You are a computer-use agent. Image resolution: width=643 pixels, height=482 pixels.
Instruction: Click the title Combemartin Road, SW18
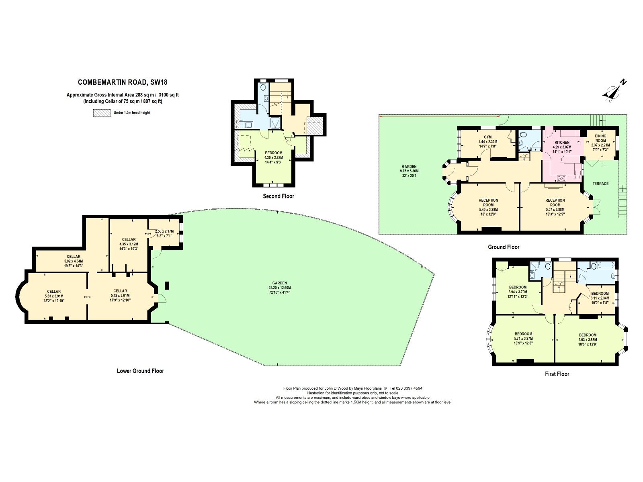(122, 82)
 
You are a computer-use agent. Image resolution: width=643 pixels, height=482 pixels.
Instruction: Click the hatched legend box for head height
(102, 113)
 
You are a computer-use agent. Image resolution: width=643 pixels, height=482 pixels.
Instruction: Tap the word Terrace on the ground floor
(600, 184)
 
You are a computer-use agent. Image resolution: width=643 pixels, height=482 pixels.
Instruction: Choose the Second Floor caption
(278, 196)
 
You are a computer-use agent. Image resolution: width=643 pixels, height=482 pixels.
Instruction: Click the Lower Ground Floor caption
(140, 371)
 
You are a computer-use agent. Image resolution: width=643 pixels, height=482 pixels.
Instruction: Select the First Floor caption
(557, 374)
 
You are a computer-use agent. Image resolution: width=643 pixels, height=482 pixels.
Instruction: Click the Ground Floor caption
(504, 247)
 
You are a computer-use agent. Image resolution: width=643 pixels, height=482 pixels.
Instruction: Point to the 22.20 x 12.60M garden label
(279, 288)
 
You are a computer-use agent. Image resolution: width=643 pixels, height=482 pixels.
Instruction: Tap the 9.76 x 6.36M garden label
(409, 171)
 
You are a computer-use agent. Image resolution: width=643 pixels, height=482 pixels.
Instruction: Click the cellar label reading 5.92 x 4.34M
(74, 261)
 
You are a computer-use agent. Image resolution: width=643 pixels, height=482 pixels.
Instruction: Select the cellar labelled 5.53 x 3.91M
(54, 296)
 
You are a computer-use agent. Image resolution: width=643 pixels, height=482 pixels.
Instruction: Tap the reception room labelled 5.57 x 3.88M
(555, 207)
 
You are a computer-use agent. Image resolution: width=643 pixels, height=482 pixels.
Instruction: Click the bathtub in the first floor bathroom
(605, 266)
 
